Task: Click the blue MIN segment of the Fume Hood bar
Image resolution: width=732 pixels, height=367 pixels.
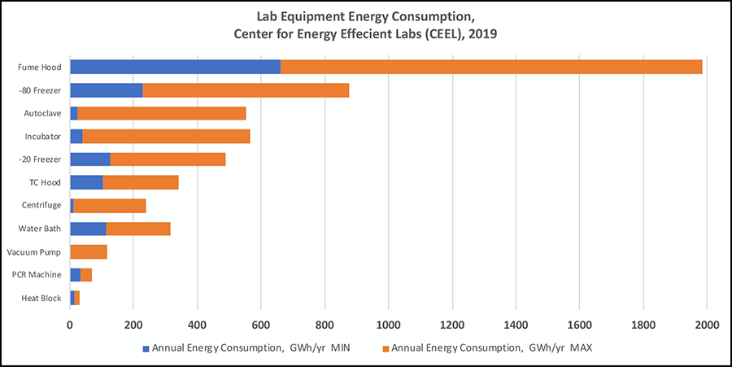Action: (x=176, y=67)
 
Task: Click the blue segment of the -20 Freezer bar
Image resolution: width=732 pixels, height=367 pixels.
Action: (x=90, y=159)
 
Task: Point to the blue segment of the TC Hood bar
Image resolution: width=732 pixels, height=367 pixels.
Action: (x=86, y=182)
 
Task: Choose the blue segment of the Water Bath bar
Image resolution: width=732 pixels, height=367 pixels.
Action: (x=88, y=229)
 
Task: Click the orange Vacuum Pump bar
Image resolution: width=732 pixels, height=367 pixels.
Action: (x=89, y=252)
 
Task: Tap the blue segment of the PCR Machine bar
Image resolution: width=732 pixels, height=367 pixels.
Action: (x=76, y=275)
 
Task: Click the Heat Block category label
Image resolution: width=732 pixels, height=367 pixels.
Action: (x=41, y=299)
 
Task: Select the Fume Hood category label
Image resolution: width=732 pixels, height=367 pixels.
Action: (x=41, y=67)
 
